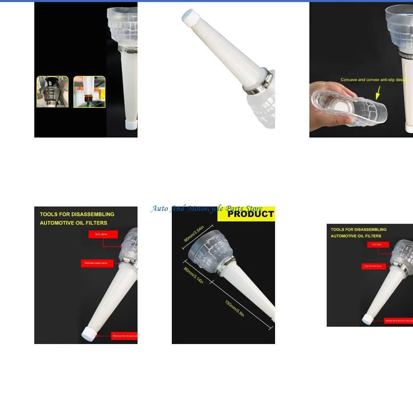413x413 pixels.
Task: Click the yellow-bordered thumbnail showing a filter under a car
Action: point(52,92)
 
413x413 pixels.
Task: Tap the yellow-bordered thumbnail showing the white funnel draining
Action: point(89,92)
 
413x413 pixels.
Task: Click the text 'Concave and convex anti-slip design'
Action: point(374,80)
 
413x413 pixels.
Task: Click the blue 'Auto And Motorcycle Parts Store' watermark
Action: point(206,209)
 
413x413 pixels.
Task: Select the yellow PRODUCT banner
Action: point(246,214)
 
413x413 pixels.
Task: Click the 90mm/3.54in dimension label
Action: point(194,234)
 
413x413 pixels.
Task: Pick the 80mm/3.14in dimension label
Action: point(194,275)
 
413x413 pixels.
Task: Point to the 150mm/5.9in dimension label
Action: point(234,309)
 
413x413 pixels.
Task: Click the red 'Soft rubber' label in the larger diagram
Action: point(103,234)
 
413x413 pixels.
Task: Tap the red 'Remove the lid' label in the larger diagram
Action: point(124,336)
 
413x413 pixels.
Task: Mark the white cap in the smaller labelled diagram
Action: point(367,319)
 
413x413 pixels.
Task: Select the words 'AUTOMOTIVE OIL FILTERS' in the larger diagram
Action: point(73,223)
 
